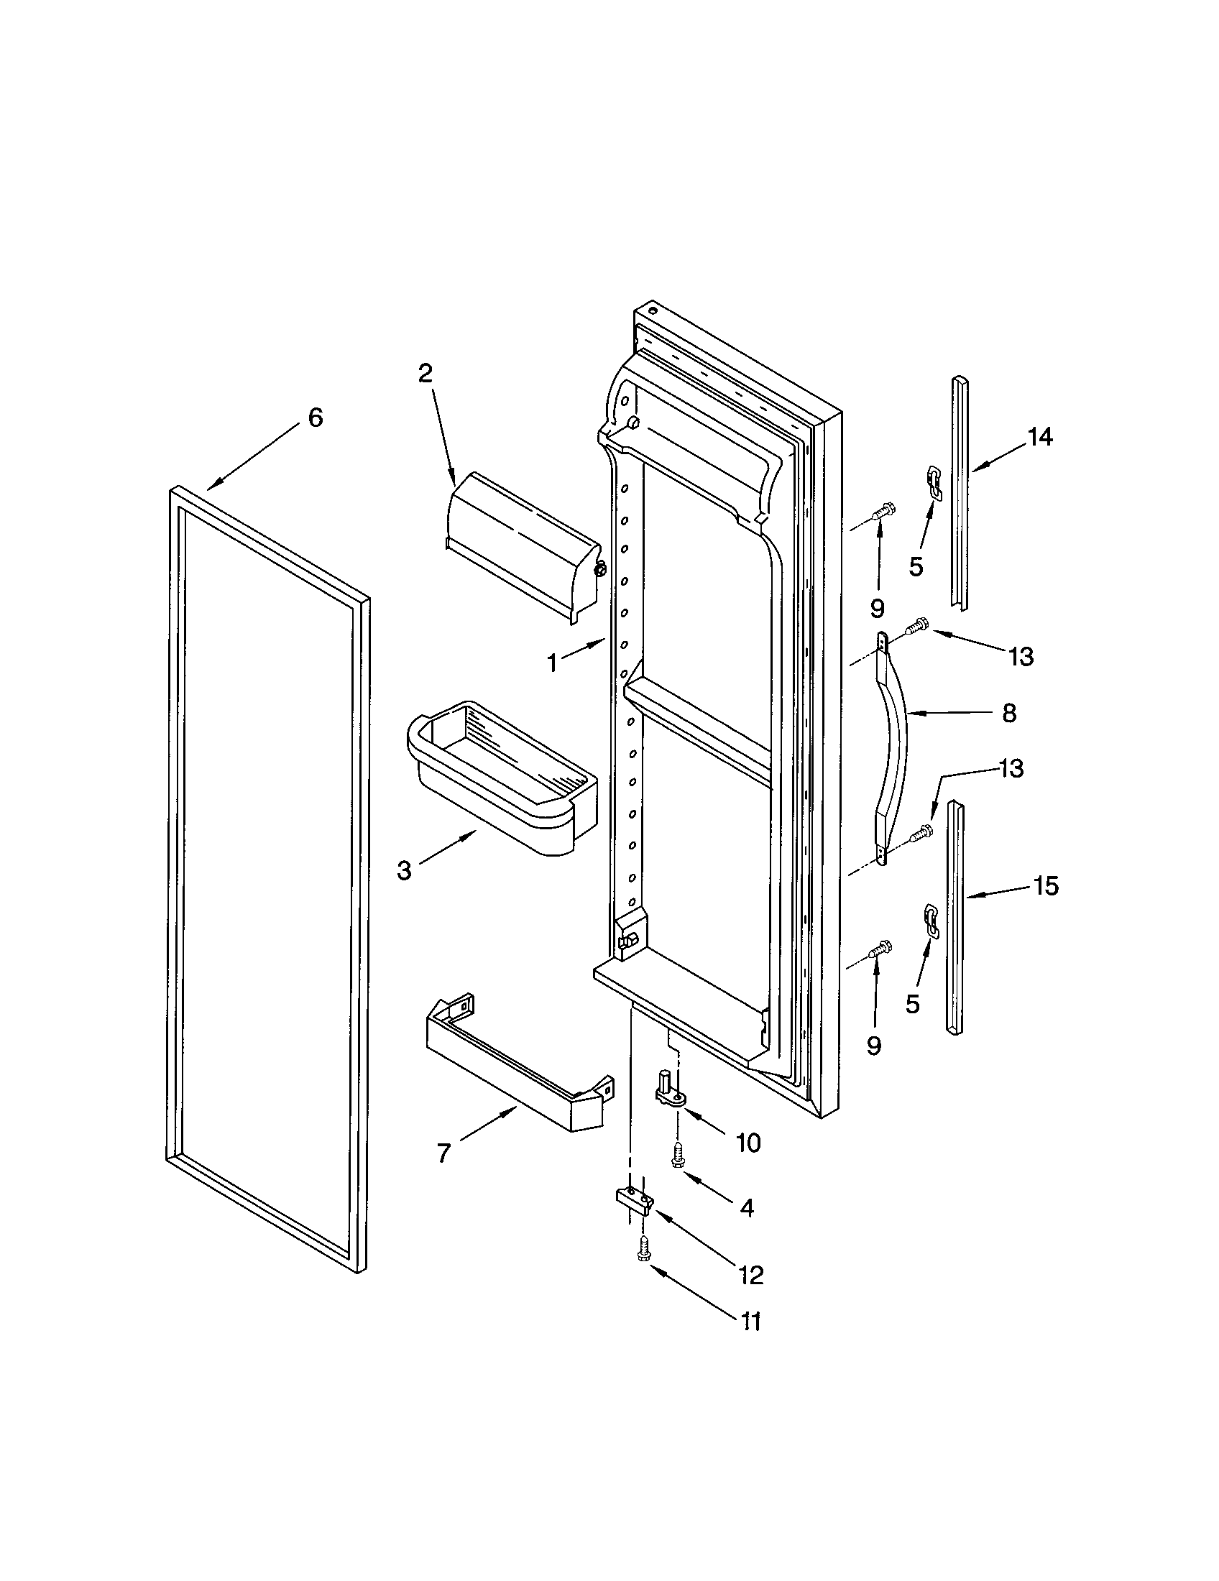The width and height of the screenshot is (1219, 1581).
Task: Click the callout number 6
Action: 316,418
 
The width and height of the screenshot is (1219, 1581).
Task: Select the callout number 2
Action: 425,373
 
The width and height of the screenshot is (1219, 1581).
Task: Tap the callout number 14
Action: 1040,436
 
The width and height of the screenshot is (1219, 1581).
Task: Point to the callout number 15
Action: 1046,885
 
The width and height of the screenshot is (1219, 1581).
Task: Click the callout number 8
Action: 1009,713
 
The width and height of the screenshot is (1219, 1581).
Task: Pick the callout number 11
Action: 750,1321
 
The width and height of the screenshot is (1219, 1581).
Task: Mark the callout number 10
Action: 747,1143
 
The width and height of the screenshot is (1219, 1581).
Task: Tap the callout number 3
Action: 404,870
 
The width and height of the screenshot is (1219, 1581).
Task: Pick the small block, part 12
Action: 635,1201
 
